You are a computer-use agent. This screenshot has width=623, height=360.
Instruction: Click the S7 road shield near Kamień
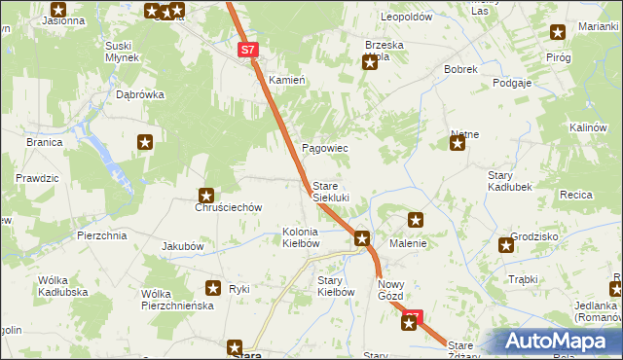coord(247,49)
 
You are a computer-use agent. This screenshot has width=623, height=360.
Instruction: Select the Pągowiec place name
coord(325,148)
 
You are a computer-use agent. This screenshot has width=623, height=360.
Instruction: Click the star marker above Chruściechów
coord(206,195)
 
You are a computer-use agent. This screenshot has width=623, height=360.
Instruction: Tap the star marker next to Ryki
coord(213,288)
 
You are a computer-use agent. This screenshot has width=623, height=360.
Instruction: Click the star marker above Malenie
coord(416,221)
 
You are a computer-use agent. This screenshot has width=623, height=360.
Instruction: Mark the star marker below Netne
coord(457,145)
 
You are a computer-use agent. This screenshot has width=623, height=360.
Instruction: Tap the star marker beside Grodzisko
coord(505,245)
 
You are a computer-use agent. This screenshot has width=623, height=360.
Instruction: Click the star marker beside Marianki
coord(558,32)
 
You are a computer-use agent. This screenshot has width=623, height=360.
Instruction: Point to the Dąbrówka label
coord(140,95)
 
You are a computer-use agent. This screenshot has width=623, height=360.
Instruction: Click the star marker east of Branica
coord(145,142)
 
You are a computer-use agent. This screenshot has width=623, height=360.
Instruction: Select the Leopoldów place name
coord(406,18)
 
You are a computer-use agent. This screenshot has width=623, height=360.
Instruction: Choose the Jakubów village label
coord(183,246)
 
